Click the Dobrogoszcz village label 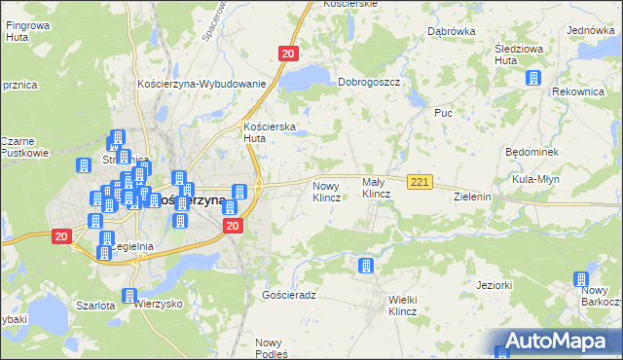pos(369,83)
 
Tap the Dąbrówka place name pos(451,31)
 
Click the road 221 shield pos(420,182)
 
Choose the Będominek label pos(531,154)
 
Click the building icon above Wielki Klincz pos(366,266)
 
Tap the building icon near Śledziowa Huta pos(532,79)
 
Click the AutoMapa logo pos(555,342)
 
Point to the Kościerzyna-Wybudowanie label pos(202,84)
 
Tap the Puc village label pos(444,113)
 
